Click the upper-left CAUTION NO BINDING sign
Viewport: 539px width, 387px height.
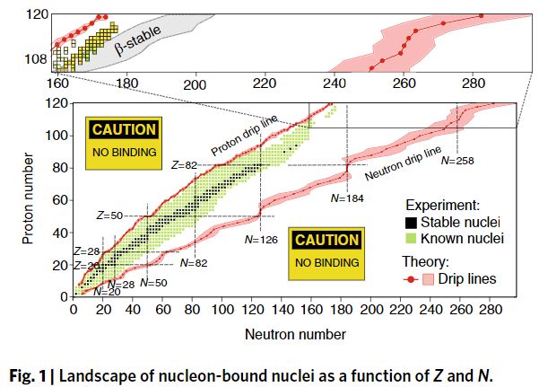coord(125,142)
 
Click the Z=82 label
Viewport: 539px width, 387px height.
coord(183,165)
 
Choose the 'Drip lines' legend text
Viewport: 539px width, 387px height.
coord(464,279)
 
